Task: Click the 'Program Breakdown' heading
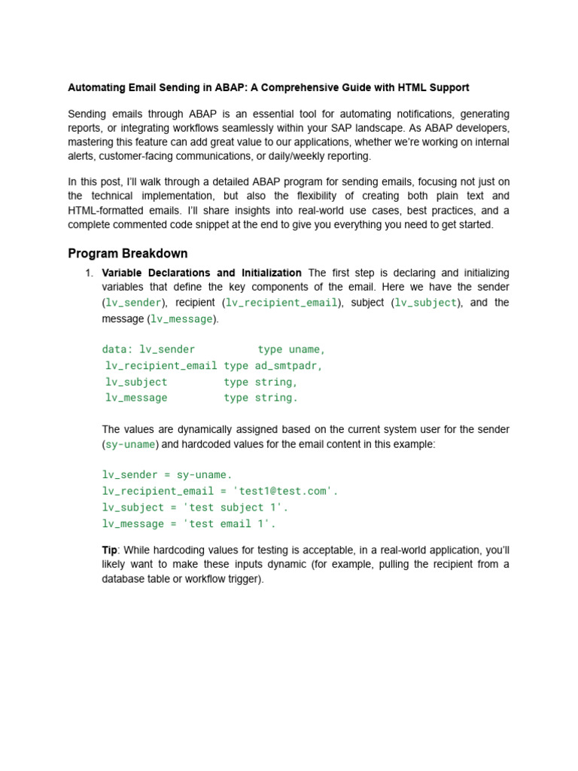coord(128,253)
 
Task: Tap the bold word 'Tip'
coord(109,550)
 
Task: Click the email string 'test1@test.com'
coord(289,491)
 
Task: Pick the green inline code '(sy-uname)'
coord(131,444)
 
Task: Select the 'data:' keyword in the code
coord(117,349)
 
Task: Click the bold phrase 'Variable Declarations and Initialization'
coord(202,273)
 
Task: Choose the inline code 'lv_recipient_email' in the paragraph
coord(282,303)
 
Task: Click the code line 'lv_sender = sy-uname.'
coord(167,474)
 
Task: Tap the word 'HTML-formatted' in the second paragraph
coord(104,210)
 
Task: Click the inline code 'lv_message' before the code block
coord(182,319)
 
